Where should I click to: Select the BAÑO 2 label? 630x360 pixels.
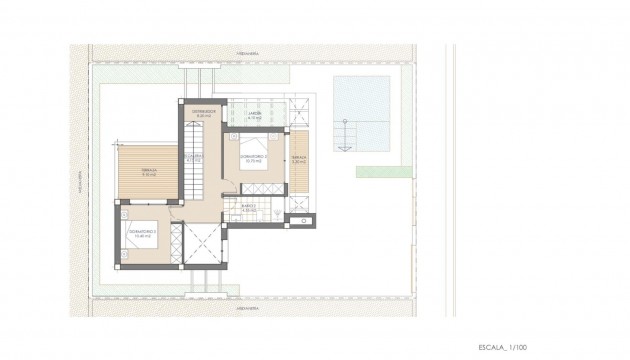249,208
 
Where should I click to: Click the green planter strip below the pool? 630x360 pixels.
384,172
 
